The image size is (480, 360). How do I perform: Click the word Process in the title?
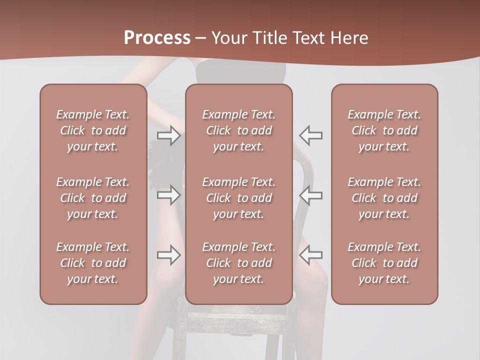(x=157, y=38)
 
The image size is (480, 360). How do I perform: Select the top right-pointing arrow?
(x=169, y=135)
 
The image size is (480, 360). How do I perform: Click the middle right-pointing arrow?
(x=169, y=195)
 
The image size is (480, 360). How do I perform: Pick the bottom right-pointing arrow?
(x=169, y=255)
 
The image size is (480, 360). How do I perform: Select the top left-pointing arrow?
(x=310, y=135)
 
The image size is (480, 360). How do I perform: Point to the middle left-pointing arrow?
(x=310, y=195)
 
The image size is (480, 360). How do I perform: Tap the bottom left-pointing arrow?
(x=310, y=255)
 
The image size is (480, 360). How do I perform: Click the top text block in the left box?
(x=93, y=130)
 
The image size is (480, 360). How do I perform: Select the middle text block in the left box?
(x=93, y=198)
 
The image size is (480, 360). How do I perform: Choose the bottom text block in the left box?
(x=93, y=263)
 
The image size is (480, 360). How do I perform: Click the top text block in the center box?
(x=238, y=130)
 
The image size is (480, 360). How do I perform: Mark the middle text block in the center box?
(x=238, y=198)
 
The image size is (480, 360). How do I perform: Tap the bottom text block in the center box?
(x=238, y=263)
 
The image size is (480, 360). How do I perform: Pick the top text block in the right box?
(x=384, y=130)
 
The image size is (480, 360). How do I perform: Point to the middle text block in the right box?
(x=384, y=198)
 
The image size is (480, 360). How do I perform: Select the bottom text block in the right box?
(x=384, y=263)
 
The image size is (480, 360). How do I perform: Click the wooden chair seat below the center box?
(x=235, y=320)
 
